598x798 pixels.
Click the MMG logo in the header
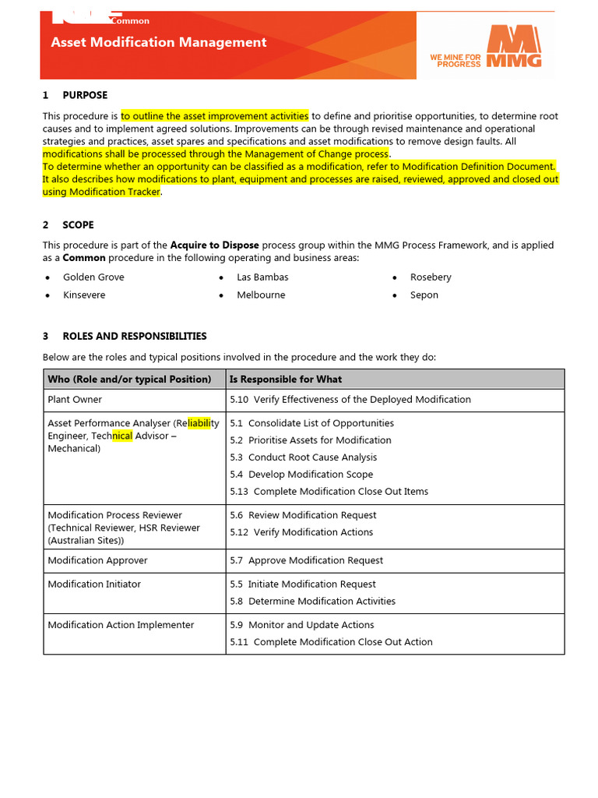coord(514,47)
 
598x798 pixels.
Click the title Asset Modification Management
coord(159,43)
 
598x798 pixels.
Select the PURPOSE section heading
coord(85,95)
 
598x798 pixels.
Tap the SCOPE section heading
coord(78,224)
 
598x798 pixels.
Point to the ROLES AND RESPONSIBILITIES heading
coord(134,336)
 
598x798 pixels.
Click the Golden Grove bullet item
coord(93,277)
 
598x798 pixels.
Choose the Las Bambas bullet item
coord(262,277)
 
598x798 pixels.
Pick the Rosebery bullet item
coord(431,277)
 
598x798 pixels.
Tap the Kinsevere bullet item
coord(84,295)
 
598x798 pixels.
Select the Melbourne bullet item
coord(261,295)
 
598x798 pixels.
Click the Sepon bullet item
coord(424,295)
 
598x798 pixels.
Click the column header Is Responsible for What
coord(286,379)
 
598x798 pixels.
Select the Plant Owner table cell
coord(75,399)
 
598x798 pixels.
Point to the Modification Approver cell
coord(97,560)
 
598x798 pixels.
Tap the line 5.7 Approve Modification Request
coord(307,560)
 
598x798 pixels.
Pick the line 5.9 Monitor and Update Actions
coord(302,625)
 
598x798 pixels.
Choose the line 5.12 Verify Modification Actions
coord(301,532)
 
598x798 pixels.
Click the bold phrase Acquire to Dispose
coord(215,245)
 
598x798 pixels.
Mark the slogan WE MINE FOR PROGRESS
coord(456,60)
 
